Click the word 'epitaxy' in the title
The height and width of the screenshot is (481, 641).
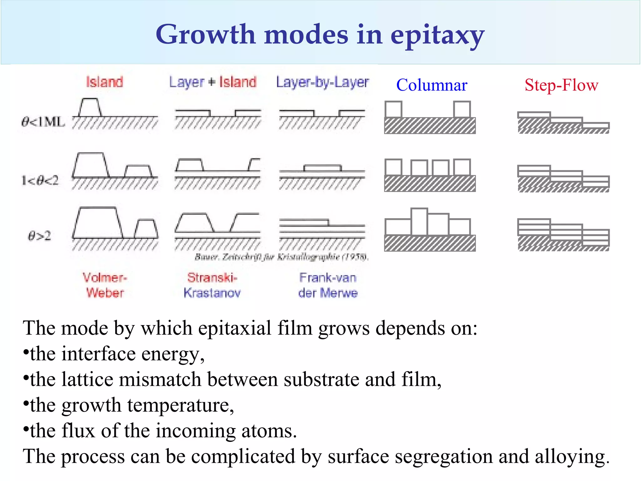coord(437,35)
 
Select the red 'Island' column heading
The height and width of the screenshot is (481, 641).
coord(105,82)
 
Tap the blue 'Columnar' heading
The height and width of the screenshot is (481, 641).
coord(432,85)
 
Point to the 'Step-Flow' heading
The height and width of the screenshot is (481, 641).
coord(561,85)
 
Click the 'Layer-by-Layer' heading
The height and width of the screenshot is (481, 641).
coord(322,82)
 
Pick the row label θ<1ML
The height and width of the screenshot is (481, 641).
coord(43,122)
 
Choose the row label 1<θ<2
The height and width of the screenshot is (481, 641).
coord(40,180)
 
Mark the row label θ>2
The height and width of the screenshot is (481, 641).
coord(39,235)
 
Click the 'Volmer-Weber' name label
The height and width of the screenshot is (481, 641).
coord(105,285)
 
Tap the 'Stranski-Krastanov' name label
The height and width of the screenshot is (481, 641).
coord(212,285)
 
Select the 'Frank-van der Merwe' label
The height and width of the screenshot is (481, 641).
coord(328,285)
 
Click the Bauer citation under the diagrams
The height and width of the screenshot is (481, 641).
coord(282,257)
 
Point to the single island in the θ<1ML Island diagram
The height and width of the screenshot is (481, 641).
coord(90,108)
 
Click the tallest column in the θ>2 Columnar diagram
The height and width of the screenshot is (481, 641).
coord(419,221)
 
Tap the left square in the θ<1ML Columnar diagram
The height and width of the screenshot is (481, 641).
coord(393,109)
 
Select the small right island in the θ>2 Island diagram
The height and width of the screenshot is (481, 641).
coord(146,229)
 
